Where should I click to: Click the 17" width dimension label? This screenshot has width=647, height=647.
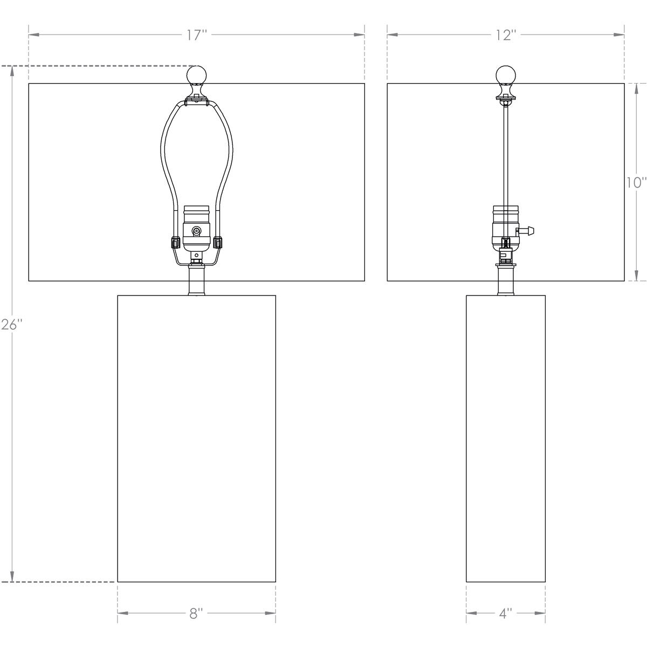click(197, 36)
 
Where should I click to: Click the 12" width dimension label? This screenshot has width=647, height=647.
click(506, 36)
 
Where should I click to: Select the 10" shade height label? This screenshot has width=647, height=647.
click(636, 182)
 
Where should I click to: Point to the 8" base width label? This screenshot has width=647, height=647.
click(196, 614)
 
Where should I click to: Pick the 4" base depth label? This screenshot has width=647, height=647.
click(505, 614)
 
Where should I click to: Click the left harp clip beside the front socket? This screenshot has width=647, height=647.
click(175, 242)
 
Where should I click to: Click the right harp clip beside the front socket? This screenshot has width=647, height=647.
click(218, 242)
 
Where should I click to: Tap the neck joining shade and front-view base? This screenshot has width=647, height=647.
click(196, 280)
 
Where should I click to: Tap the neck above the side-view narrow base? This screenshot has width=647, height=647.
click(506, 280)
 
